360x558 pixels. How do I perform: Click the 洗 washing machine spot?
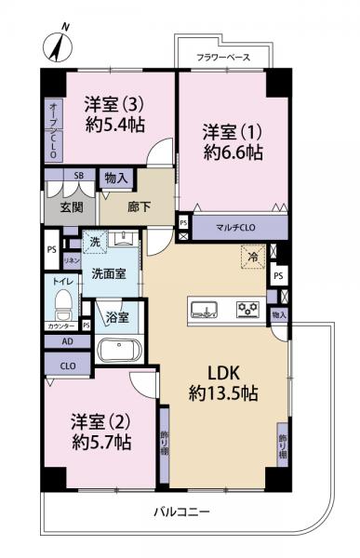(x=94, y=243)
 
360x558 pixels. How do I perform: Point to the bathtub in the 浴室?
(x=119, y=352)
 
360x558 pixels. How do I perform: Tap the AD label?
(x=66, y=341)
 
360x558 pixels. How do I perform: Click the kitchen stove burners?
(x=247, y=309)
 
